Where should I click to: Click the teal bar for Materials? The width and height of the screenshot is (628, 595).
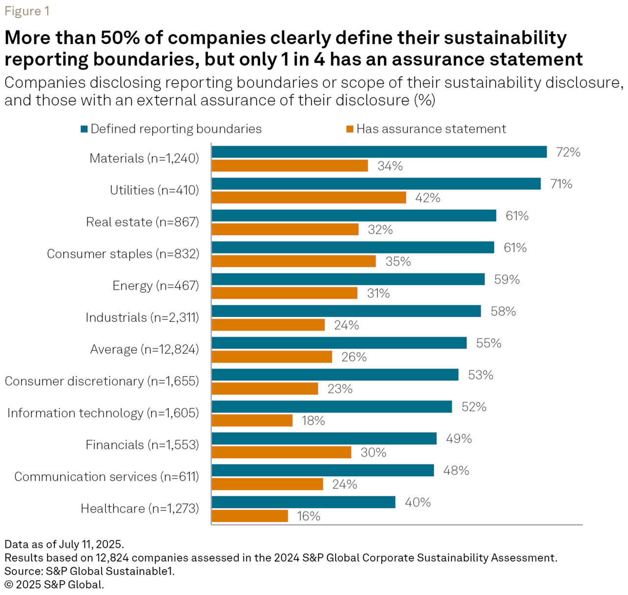379,152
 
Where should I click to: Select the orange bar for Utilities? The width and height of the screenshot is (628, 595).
309,198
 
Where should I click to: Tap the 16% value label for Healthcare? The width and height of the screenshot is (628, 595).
309,516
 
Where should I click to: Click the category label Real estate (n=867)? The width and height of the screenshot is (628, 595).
142,222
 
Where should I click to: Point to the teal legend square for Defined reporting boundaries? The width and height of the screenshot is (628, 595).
84,129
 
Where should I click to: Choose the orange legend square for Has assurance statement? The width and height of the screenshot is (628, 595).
350,129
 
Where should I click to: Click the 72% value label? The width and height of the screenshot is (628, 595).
568,152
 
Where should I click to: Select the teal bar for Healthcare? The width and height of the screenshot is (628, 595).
303,502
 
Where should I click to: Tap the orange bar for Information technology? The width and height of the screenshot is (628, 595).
252,420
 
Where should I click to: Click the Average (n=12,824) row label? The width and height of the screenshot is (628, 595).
144,350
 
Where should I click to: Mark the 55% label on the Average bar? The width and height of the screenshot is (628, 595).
489,343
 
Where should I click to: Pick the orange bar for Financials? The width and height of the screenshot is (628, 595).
281,452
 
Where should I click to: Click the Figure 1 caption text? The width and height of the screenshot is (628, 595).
27,11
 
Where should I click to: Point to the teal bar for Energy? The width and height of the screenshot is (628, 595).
348,279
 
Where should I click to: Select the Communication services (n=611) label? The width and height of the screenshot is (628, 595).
106,477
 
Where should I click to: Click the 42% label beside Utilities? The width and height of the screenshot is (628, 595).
428,198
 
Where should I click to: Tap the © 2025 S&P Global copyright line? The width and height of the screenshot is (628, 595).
54,585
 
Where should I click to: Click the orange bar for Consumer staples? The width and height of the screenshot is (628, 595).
293,261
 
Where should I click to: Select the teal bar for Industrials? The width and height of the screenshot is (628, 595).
346,311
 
